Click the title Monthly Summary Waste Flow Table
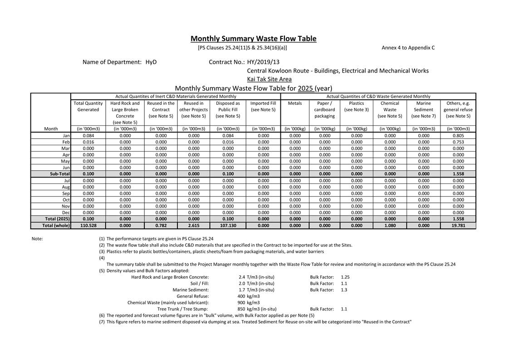point(253,39)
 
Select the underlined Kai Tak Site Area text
point(269,79)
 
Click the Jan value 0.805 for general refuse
point(458,136)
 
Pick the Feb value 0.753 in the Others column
point(458,142)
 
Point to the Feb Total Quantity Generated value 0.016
point(88,142)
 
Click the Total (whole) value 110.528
point(88,225)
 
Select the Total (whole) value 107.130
point(228,225)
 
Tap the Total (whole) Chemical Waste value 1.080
point(390,225)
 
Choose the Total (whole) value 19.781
point(458,225)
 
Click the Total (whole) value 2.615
point(194,225)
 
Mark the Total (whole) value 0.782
point(161,225)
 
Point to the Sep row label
point(66,193)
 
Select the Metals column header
point(295,104)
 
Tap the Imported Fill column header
point(263,106)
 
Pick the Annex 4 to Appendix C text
point(408,48)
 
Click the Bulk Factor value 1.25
point(345,277)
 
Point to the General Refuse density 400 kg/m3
point(249,296)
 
